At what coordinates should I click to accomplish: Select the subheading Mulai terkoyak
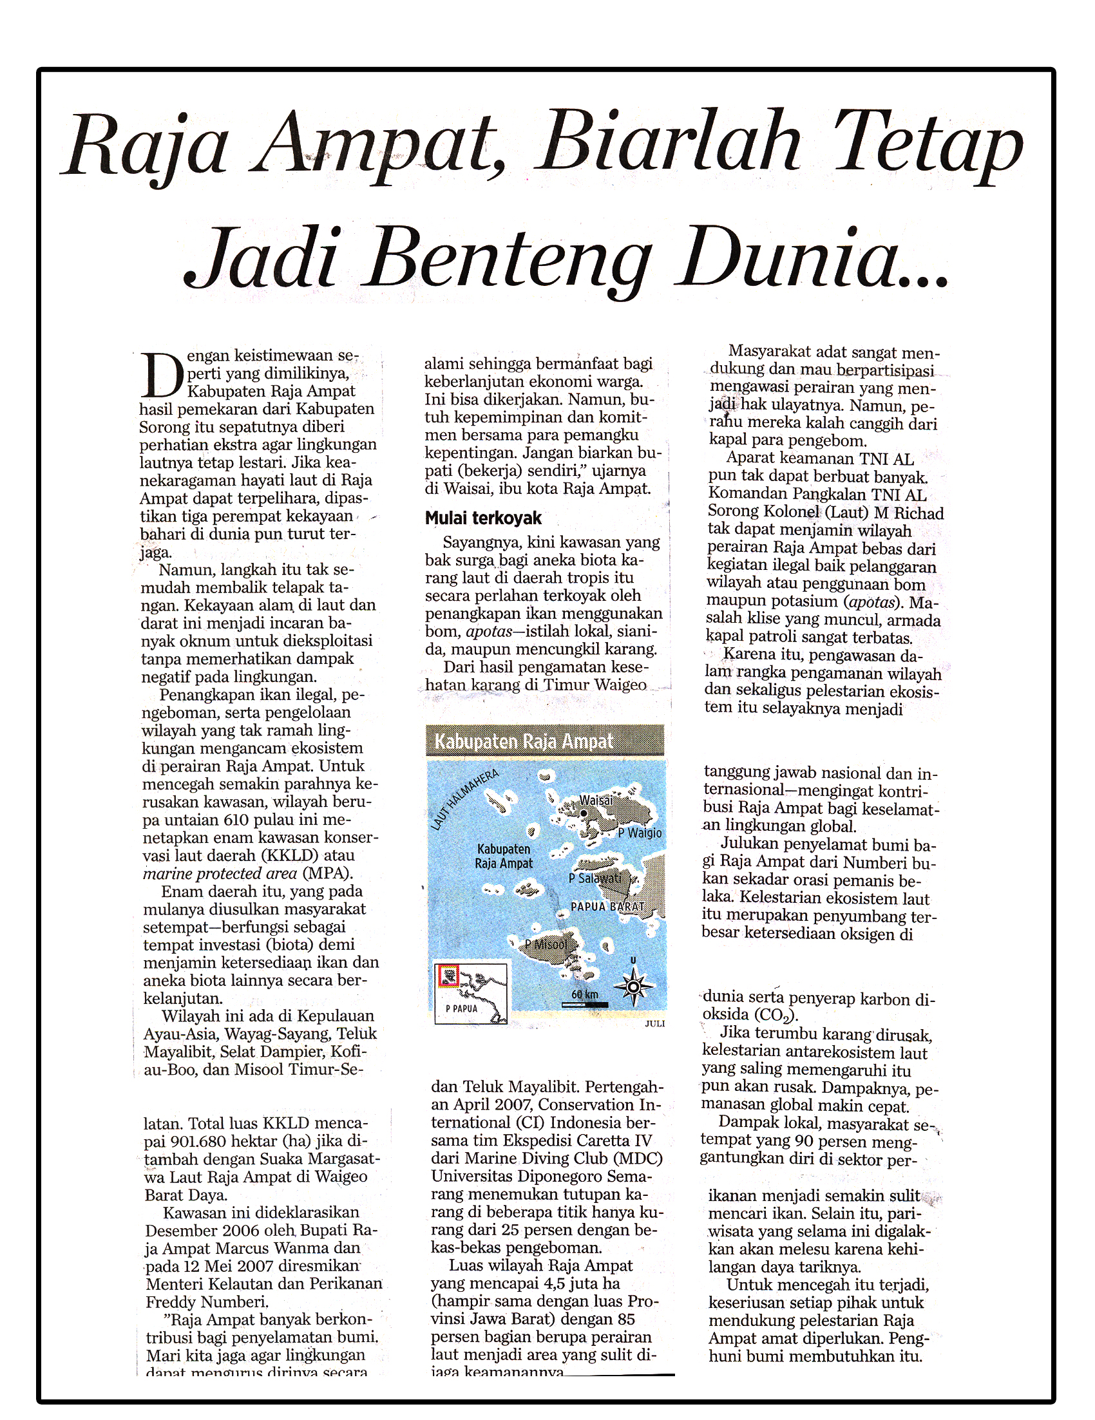pos(483,518)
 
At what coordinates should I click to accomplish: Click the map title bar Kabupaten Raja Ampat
pos(524,742)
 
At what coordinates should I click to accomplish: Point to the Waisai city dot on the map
pos(584,813)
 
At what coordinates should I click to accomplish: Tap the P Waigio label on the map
pos(640,833)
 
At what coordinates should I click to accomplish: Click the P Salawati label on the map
pos(595,878)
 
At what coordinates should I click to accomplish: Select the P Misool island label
pos(546,945)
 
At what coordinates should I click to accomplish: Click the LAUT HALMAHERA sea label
pos(464,800)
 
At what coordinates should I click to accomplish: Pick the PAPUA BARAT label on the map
pos(607,906)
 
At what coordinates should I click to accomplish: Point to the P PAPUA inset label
pos(462,1009)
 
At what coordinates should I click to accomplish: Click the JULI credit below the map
pos(655,1023)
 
